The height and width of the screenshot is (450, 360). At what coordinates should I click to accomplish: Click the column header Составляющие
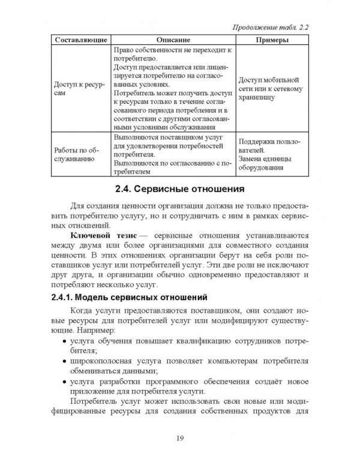tap(80, 40)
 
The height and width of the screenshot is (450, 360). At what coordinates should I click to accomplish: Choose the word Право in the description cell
tap(123, 50)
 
